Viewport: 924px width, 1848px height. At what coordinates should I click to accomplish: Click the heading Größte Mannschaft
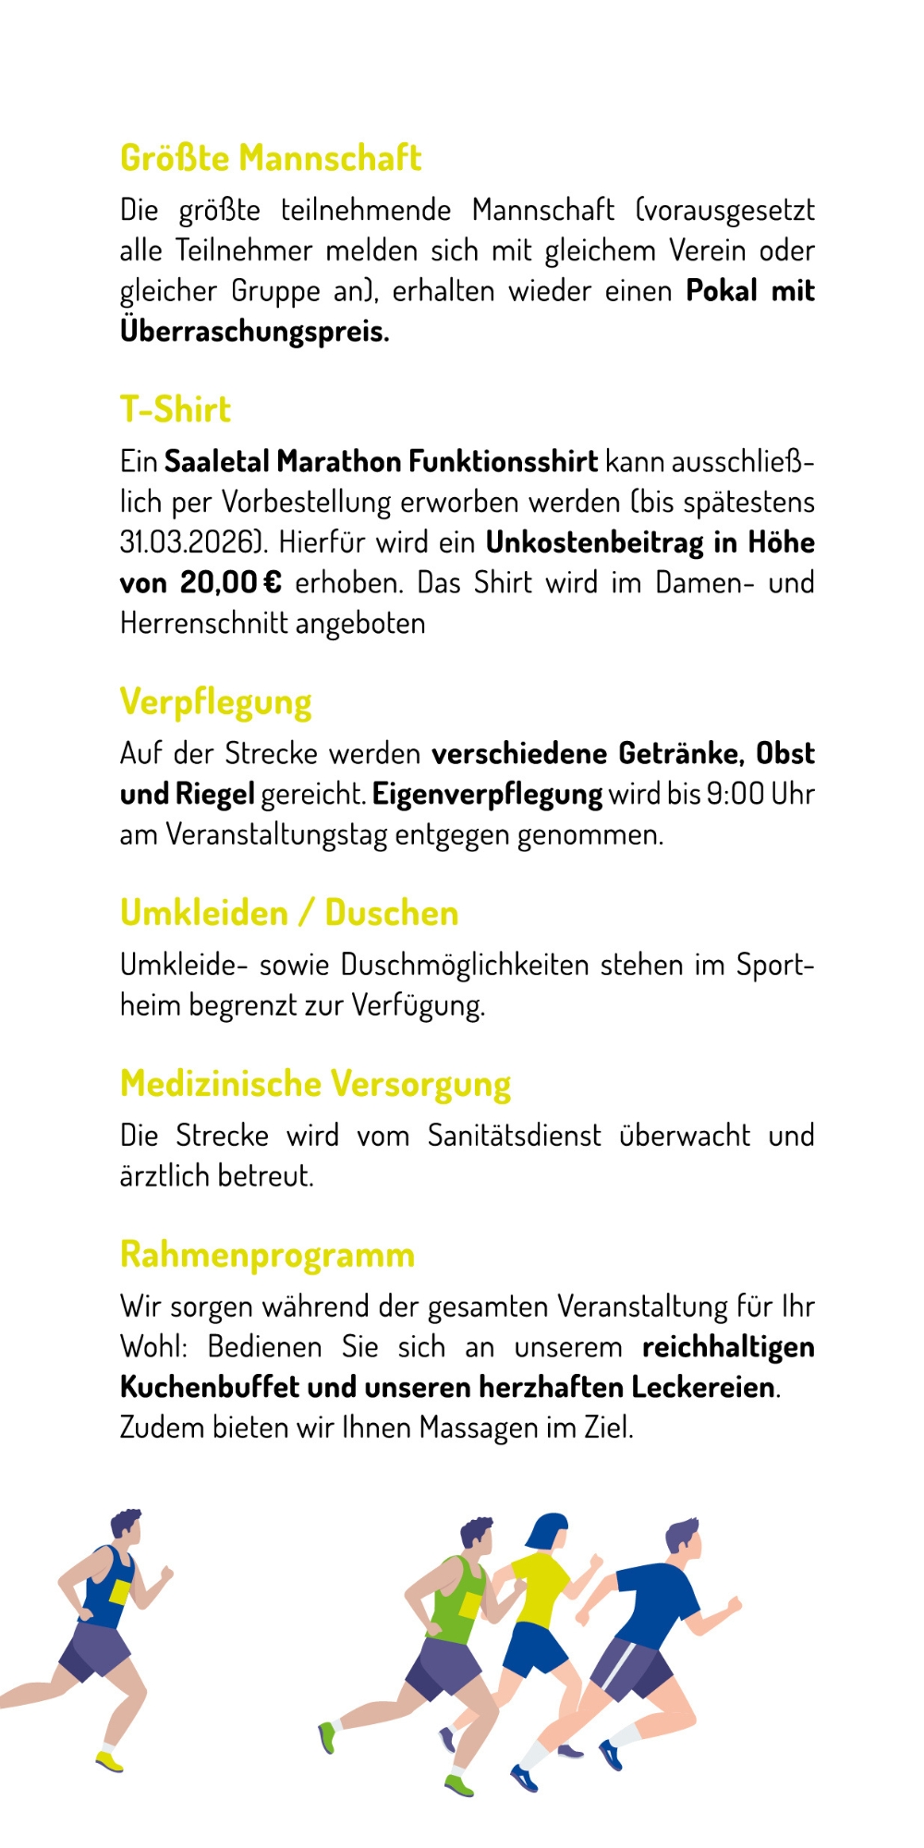tap(271, 158)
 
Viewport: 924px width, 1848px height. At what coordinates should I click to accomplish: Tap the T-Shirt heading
tap(176, 409)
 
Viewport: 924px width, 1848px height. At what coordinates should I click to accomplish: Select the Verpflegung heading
tap(216, 702)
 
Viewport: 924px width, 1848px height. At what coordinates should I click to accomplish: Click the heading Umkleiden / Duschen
tap(289, 913)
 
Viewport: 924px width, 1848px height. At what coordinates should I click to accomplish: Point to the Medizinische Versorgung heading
tap(315, 1084)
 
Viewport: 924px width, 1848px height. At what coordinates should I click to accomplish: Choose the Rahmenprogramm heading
tap(268, 1255)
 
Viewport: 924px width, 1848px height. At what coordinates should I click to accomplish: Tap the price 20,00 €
tap(231, 583)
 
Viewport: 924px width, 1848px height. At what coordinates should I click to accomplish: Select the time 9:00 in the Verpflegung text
tap(736, 794)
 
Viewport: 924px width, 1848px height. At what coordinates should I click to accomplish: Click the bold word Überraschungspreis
tap(254, 331)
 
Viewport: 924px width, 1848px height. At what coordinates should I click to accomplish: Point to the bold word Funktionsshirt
tap(504, 461)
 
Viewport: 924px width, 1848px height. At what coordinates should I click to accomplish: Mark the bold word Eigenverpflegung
tap(487, 794)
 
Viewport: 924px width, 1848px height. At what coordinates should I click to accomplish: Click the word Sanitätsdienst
tap(514, 1135)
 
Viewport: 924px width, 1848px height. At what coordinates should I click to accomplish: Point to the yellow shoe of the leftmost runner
tap(109, 1762)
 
